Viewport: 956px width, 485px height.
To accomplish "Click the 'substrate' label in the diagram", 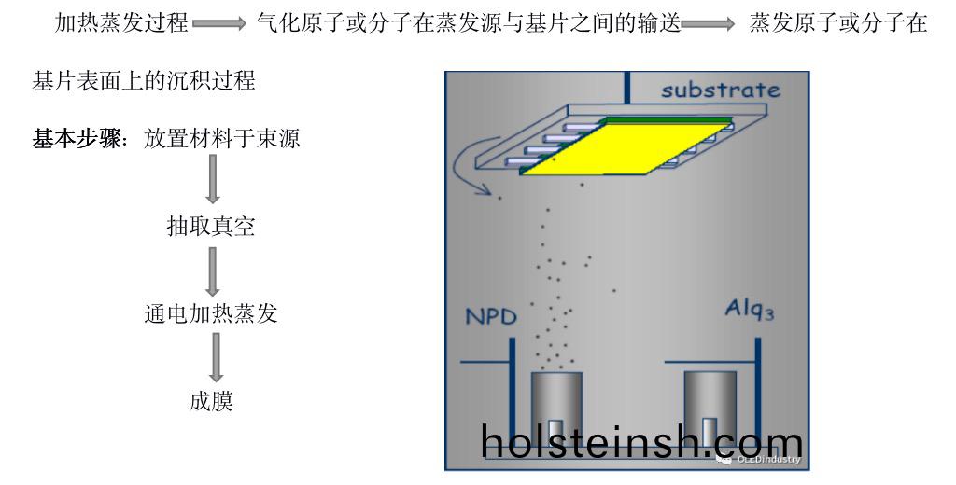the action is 721,90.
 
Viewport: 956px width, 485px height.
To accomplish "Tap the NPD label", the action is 491,316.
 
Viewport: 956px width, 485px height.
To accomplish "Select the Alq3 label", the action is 750,310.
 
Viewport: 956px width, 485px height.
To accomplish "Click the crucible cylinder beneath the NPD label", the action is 556,409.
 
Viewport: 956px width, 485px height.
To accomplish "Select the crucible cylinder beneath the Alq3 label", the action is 710,409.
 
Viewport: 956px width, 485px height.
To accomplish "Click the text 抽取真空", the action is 210,227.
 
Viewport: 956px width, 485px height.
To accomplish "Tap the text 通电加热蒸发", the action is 210,313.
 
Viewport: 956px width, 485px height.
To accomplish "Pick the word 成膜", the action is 211,402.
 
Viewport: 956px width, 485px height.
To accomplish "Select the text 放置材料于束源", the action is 222,139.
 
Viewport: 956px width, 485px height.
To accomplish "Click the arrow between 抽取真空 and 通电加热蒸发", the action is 212,271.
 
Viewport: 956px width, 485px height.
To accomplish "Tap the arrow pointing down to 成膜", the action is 216,357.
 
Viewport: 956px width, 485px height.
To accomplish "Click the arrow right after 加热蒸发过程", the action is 219,23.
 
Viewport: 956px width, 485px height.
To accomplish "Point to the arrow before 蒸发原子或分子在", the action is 709,23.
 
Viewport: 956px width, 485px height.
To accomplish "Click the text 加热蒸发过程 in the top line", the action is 121,23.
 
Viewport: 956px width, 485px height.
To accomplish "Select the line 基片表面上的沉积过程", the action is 143,81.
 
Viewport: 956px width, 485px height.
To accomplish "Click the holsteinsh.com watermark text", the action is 641,442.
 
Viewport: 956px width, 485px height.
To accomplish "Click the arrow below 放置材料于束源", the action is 212,179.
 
